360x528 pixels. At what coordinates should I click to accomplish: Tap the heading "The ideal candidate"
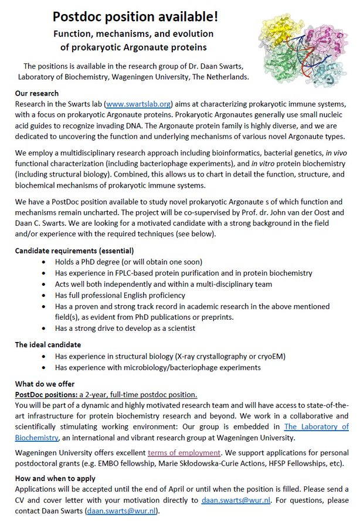tap(48, 344)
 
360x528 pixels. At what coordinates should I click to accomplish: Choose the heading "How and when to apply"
tap(55, 478)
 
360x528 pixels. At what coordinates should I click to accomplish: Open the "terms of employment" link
tap(192, 452)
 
